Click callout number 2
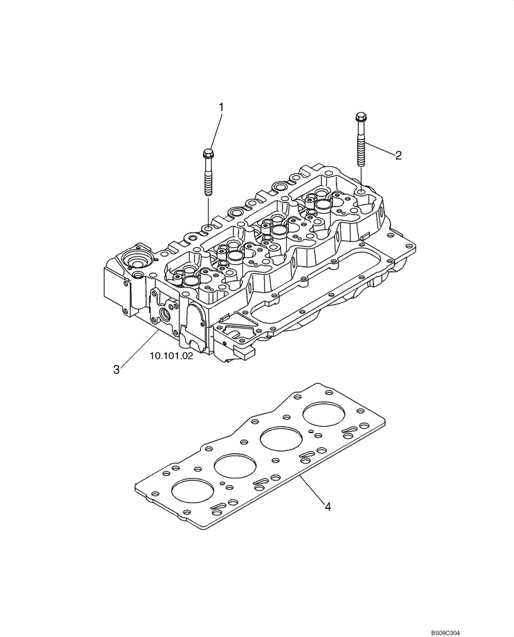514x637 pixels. tap(398, 155)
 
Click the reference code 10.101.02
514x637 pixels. tap(171, 357)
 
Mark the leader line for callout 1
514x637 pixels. tap(215, 131)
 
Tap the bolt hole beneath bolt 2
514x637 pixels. tap(361, 190)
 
